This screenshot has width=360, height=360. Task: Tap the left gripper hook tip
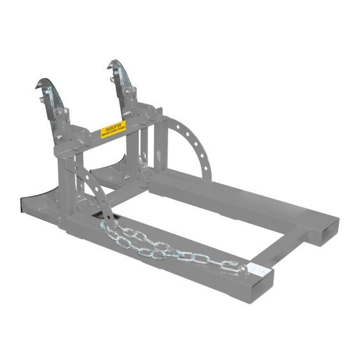point(38,85)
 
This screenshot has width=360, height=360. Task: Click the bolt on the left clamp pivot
point(58,137)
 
